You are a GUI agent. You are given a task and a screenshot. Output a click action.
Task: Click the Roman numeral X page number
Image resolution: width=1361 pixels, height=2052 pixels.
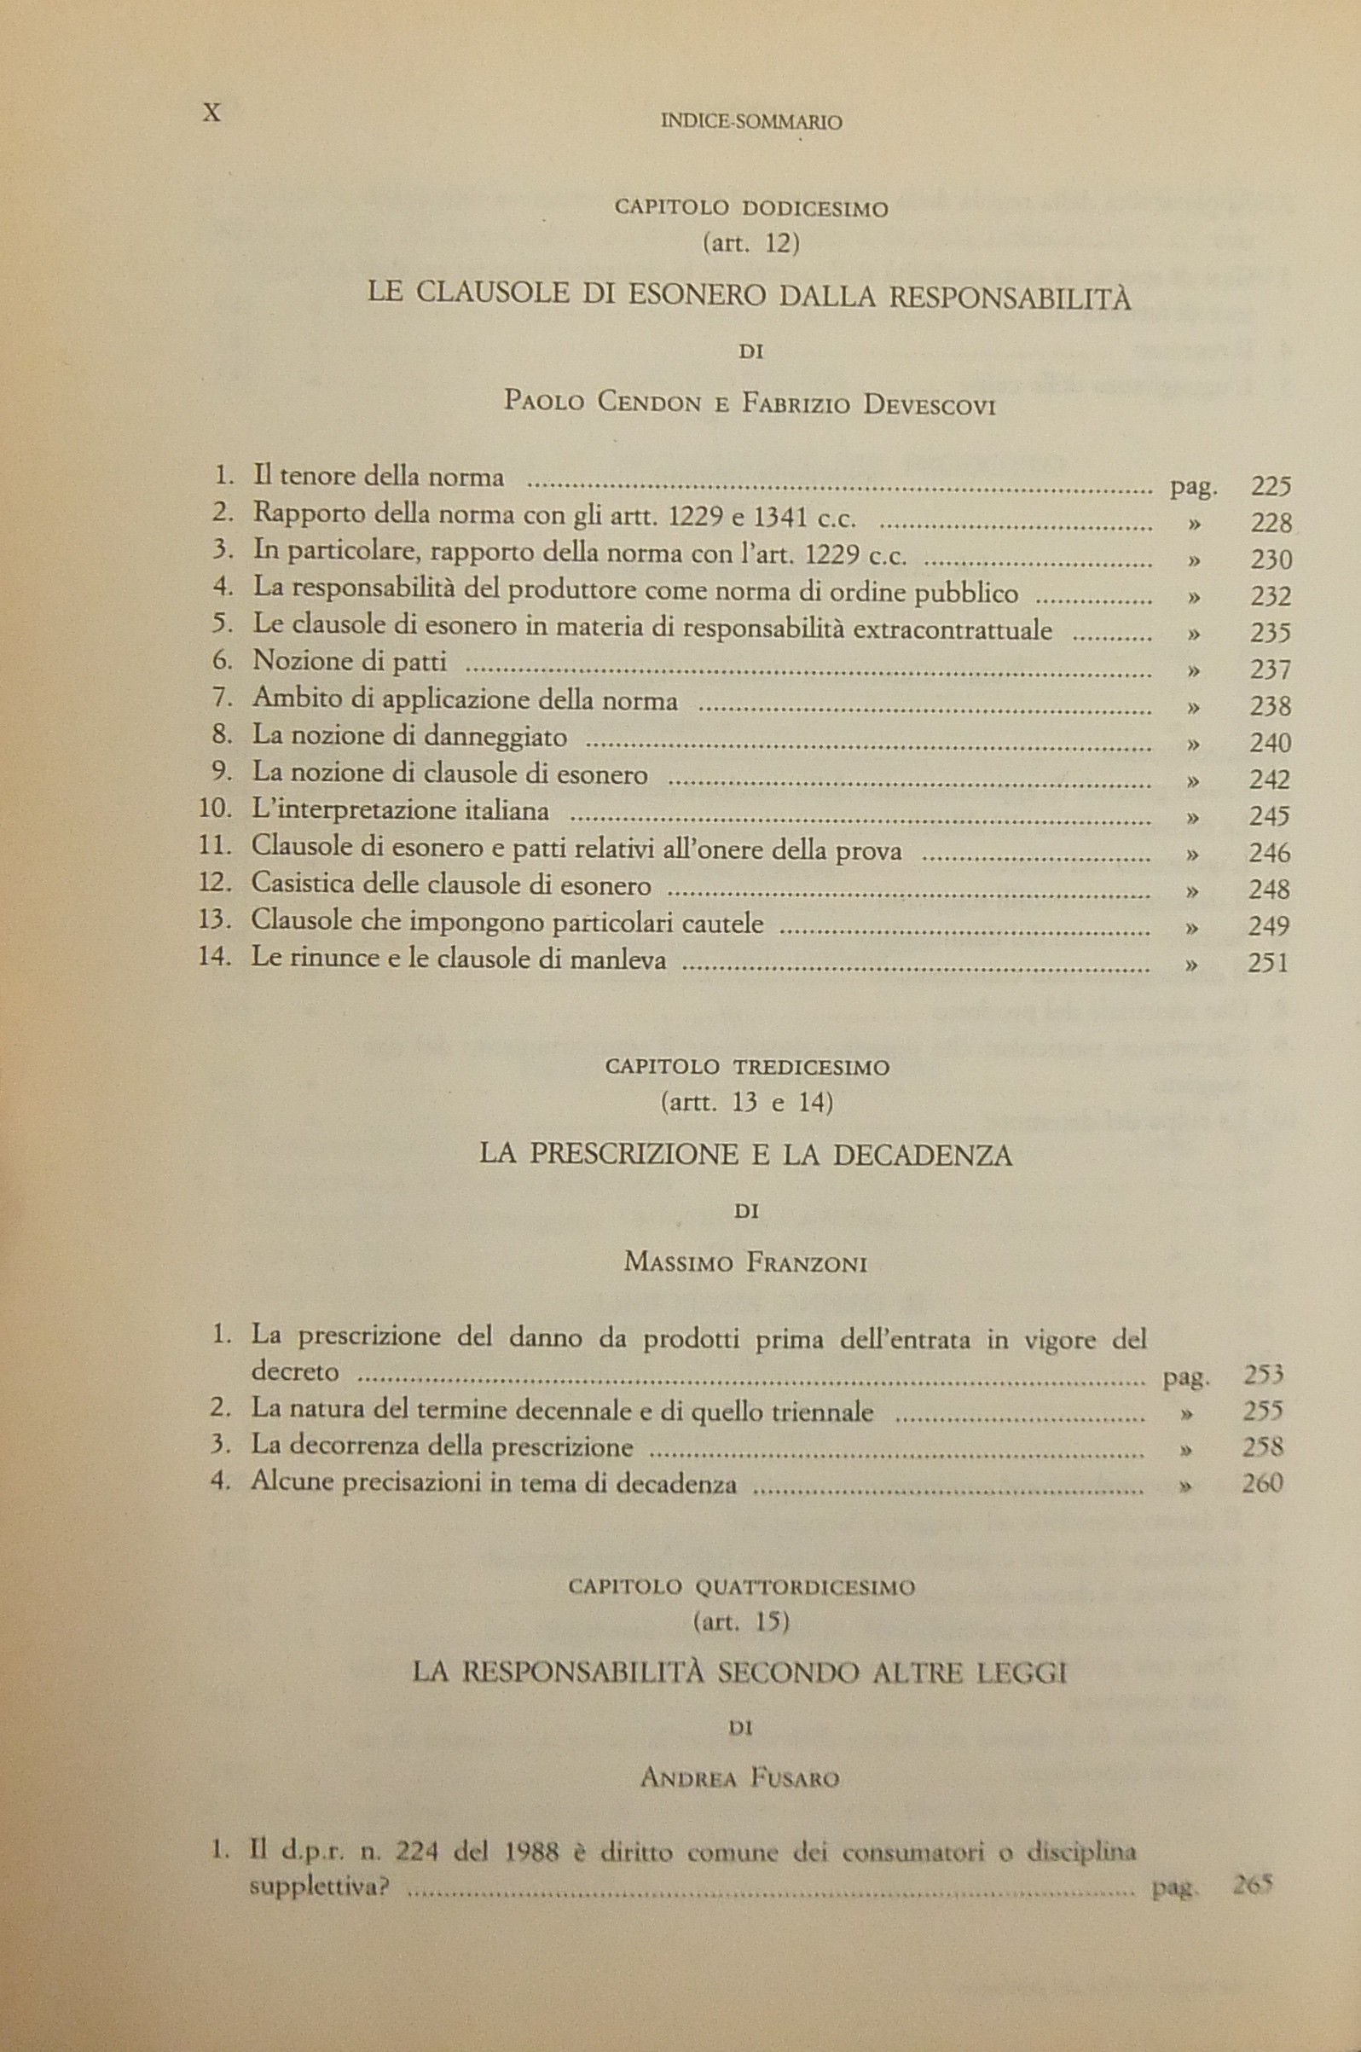(211, 113)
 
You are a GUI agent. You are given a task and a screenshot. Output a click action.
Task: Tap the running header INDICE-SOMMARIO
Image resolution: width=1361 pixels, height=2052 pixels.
(750, 124)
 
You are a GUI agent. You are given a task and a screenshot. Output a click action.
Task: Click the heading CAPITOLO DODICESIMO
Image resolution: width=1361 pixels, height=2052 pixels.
(750, 208)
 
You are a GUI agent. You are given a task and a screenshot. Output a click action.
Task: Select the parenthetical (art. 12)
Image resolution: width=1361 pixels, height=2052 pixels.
(750, 245)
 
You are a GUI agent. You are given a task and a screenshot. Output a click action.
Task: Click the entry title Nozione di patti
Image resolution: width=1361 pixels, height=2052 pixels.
(349, 663)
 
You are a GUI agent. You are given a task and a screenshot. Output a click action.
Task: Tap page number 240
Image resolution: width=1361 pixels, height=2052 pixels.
(1270, 743)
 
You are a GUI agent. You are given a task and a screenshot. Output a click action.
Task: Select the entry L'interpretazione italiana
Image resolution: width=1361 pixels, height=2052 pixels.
(400, 812)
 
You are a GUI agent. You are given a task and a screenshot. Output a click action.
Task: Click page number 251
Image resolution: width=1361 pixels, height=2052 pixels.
(1267, 963)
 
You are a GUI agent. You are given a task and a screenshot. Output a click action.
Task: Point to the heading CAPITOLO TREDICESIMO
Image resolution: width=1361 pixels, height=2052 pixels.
(746, 1067)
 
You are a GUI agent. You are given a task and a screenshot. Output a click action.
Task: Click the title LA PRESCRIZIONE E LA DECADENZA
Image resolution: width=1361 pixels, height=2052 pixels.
(745, 1156)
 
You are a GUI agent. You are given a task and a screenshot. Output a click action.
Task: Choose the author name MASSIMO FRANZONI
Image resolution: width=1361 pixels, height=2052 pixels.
(745, 1262)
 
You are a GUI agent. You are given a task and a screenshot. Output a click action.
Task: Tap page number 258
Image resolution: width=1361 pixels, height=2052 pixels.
(1262, 1447)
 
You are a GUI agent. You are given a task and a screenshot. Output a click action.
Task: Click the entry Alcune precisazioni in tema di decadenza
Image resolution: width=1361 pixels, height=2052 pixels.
(493, 1483)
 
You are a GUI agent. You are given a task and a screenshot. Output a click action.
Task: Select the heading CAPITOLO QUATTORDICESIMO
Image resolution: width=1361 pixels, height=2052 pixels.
(741, 1587)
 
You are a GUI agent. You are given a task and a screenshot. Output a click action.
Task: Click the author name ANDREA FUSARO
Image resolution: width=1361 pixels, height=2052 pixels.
(739, 1779)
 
